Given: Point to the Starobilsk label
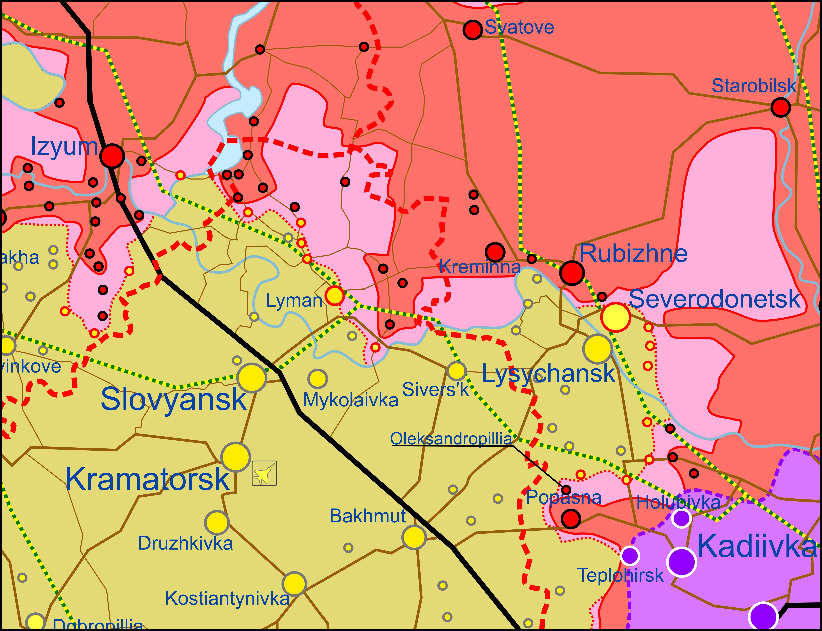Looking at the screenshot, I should coord(753,86).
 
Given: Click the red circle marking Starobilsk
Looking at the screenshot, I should coord(780,108).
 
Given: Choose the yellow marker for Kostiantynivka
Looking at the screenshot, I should coord(294,584).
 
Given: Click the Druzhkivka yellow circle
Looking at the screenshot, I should coord(217,522).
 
